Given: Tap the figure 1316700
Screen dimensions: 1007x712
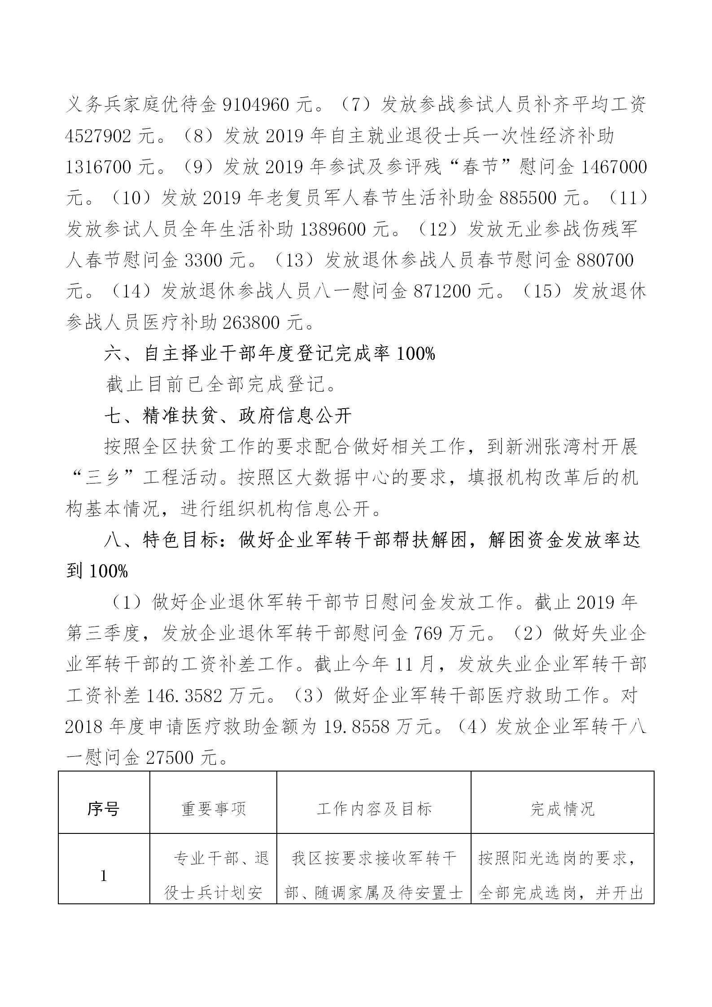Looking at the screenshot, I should pyautogui.click(x=98, y=167).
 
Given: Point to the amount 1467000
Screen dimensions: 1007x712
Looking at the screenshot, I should pyautogui.click(x=614, y=167).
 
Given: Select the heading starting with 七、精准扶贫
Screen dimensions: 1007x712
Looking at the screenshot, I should pyautogui.click(x=228, y=416).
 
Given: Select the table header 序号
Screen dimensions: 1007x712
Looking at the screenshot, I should pyautogui.click(x=103, y=809).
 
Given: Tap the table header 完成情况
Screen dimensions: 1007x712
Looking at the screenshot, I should pyautogui.click(x=562, y=809).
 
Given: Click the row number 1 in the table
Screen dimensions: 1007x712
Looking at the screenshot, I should pyautogui.click(x=104, y=876).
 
